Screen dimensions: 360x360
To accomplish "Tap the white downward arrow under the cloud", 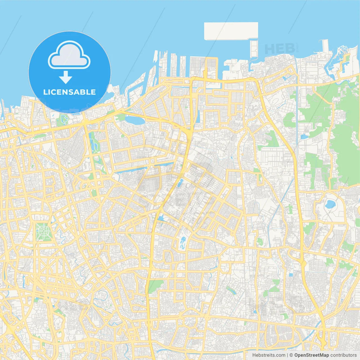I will point(66,77).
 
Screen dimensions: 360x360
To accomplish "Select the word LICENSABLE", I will point(69,92).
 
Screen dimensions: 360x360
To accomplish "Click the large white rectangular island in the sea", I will point(231,31).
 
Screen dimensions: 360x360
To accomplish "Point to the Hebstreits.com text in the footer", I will point(269,355).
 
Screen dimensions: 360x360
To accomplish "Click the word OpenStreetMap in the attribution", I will point(311,355).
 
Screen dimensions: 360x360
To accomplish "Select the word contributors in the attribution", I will point(343,355).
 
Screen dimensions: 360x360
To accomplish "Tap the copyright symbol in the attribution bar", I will point(291,355).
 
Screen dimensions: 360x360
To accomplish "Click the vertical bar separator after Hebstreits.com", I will point(287,355).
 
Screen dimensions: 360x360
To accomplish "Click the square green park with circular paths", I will point(43,232).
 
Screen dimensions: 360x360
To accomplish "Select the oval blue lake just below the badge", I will point(135,120).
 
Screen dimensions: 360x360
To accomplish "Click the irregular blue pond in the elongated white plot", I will point(183,242).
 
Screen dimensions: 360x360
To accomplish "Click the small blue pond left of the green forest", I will point(304,137).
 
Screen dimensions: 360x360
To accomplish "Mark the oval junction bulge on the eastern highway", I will point(303,263).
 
